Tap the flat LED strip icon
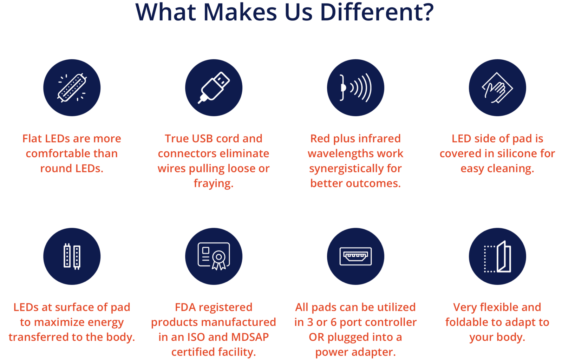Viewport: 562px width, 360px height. [72, 88]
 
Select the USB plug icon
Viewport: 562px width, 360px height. [214, 87]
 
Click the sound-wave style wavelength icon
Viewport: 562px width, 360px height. [355, 87]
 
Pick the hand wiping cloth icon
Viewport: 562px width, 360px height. [497, 88]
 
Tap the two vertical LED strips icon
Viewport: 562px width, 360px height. [72, 256]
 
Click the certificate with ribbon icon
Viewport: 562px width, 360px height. [214, 256]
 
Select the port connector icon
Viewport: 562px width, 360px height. [355, 256]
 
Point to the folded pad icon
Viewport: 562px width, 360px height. [497, 256]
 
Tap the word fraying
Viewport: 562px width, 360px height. [214, 184]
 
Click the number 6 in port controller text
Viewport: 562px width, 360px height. [333, 322]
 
